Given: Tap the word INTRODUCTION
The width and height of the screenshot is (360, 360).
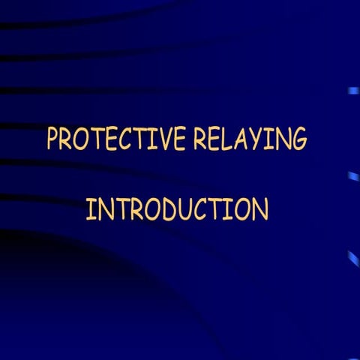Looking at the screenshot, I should tap(177, 209).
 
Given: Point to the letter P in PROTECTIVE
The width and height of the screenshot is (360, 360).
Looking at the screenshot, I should tap(54, 140).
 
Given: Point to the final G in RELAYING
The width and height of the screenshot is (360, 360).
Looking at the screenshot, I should tap(298, 140).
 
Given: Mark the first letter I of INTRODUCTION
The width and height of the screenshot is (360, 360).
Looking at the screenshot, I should tap(90, 210).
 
